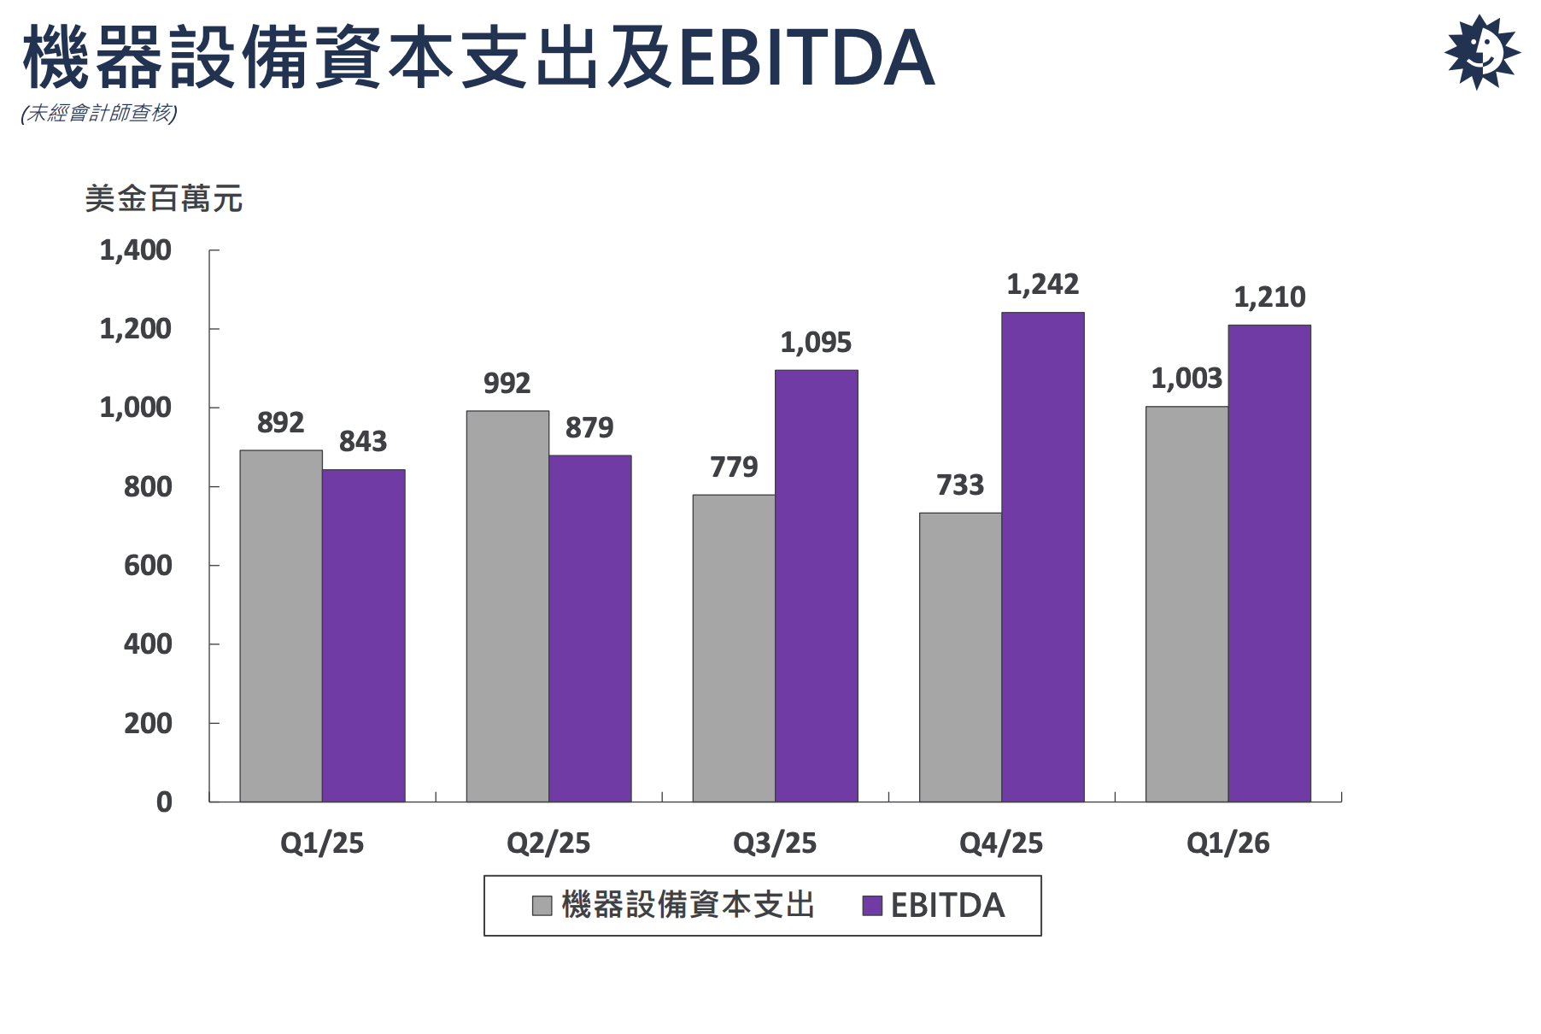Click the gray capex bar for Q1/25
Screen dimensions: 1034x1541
(x=281, y=626)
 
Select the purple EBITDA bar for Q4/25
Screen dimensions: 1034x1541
(x=1042, y=557)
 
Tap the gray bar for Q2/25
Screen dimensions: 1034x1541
(x=507, y=606)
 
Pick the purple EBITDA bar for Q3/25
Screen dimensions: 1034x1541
(x=816, y=585)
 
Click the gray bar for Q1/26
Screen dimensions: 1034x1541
(x=1187, y=603)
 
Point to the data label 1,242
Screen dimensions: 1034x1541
(x=1042, y=285)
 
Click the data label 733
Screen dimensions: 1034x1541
(x=960, y=485)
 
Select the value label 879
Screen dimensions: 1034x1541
(x=589, y=427)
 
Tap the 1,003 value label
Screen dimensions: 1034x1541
(x=1187, y=379)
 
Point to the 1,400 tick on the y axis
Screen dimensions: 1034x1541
(x=135, y=250)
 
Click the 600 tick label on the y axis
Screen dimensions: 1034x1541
(x=148, y=565)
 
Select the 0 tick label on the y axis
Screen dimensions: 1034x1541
(x=164, y=802)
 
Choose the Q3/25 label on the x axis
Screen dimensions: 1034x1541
(x=775, y=843)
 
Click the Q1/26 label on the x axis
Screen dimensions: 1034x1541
(x=1228, y=843)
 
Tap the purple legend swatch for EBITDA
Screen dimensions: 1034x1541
(x=872, y=906)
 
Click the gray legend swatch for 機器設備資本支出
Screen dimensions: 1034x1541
(x=542, y=906)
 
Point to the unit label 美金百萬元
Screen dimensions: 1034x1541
(x=164, y=199)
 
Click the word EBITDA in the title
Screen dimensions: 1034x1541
(x=807, y=58)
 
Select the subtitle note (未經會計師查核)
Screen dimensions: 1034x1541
(x=99, y=113)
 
